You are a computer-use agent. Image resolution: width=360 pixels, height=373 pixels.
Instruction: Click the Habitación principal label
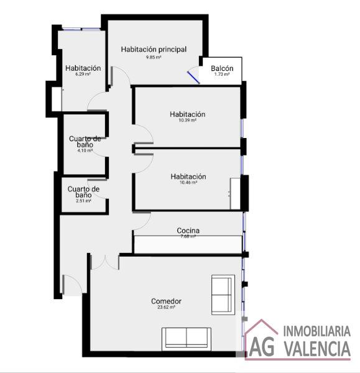(x=154, y=50)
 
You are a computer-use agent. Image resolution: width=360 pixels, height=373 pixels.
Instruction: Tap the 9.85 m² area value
(x=154, y=57)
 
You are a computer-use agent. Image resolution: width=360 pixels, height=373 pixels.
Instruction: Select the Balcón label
(x=222, y=68)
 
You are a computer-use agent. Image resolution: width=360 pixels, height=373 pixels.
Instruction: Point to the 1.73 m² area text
(x=222, y=74)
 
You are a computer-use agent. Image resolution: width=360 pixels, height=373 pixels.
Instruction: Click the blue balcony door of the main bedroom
(x=193, y=78)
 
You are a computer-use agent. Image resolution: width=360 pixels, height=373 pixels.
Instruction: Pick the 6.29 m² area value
(x=83, y=74)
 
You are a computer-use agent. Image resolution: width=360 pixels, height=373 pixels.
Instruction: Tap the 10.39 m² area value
(x=188, y=120)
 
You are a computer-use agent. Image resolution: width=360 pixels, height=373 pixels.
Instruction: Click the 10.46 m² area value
(x=188, y=182)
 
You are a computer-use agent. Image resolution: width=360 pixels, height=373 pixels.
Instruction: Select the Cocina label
(x=188, y=230)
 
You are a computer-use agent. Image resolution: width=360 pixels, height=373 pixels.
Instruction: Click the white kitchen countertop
(x=188, y=244)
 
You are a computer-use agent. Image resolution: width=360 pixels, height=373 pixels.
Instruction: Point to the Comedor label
(x=166, y=301)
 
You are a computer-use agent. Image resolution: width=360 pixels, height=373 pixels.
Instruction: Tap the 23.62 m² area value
(x=166, y=307)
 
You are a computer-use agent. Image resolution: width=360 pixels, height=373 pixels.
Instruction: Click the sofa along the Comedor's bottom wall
(x=187, y=339)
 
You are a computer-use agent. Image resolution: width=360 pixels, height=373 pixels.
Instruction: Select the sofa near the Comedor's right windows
(x=223, y=295)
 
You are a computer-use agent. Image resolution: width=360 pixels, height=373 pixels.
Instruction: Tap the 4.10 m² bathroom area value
(x=85, y=150)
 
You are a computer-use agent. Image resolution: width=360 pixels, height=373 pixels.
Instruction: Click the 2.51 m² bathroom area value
(x=83, y=201)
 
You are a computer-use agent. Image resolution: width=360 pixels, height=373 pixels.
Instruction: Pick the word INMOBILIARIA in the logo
(x=317, y=331)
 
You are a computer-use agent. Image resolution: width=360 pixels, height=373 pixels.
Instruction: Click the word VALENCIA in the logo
(x=318, y=348)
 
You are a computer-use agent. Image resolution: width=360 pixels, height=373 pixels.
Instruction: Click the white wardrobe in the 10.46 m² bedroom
(x=235, y=193)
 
